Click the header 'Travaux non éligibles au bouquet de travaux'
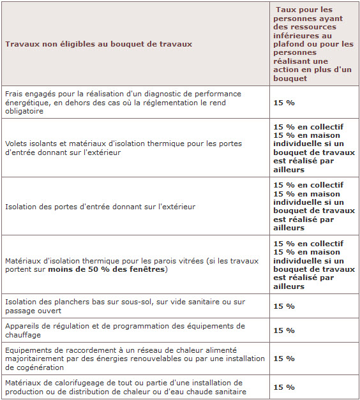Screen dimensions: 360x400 point(98,44)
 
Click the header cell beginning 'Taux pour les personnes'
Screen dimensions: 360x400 point(313,44)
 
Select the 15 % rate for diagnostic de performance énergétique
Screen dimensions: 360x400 point(283,102)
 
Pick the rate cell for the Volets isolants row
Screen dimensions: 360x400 point(313,148)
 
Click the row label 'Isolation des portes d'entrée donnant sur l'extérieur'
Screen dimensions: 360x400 point(100,207)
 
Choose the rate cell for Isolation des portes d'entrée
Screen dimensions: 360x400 point(313,207)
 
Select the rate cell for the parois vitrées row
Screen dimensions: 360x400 point(313,265)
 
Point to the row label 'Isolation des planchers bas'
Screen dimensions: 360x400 point(124,306)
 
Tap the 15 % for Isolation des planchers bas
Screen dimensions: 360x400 point(283,306)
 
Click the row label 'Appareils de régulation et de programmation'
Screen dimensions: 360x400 point(124,330)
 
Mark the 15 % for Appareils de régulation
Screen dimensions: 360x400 point(283,330)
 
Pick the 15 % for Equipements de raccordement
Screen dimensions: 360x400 point(283,359)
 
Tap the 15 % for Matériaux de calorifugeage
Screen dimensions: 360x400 point(283,387)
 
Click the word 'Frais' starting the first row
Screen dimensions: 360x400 point(14,93)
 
